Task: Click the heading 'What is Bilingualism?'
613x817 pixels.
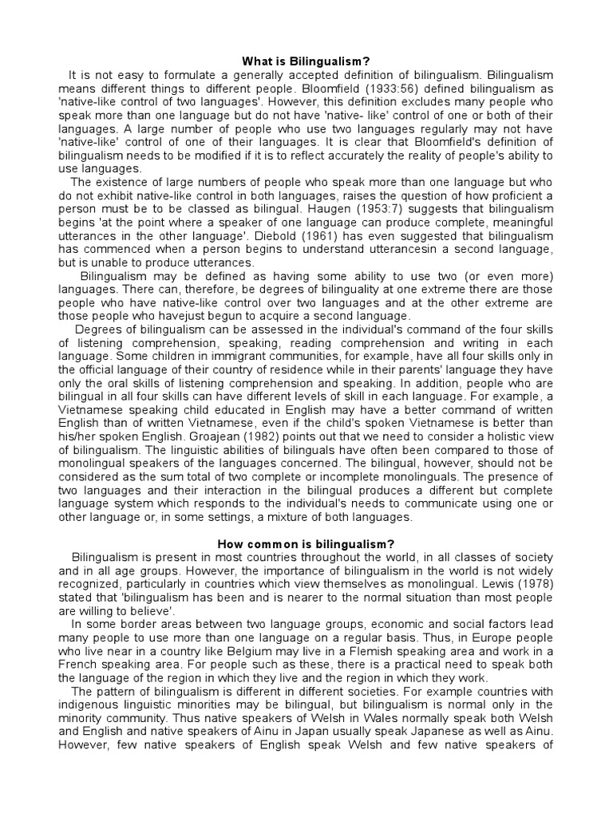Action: tap(306, 61)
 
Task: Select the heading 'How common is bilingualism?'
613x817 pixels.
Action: tap(306, 543)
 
